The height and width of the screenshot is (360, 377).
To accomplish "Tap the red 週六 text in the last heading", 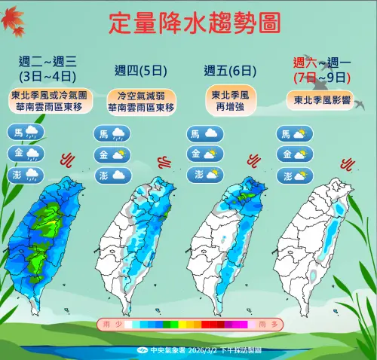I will (x=305, y=63).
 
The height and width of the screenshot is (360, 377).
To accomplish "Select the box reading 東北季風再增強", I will (x=228, y=99).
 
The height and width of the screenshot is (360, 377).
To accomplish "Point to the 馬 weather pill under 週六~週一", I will (x=293, y=135).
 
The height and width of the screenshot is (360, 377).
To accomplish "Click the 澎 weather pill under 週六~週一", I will (x=293, y=176).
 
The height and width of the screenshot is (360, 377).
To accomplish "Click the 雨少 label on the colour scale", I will (x=108, y=324).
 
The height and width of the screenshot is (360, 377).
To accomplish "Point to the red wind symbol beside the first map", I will (x=67, y=159).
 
